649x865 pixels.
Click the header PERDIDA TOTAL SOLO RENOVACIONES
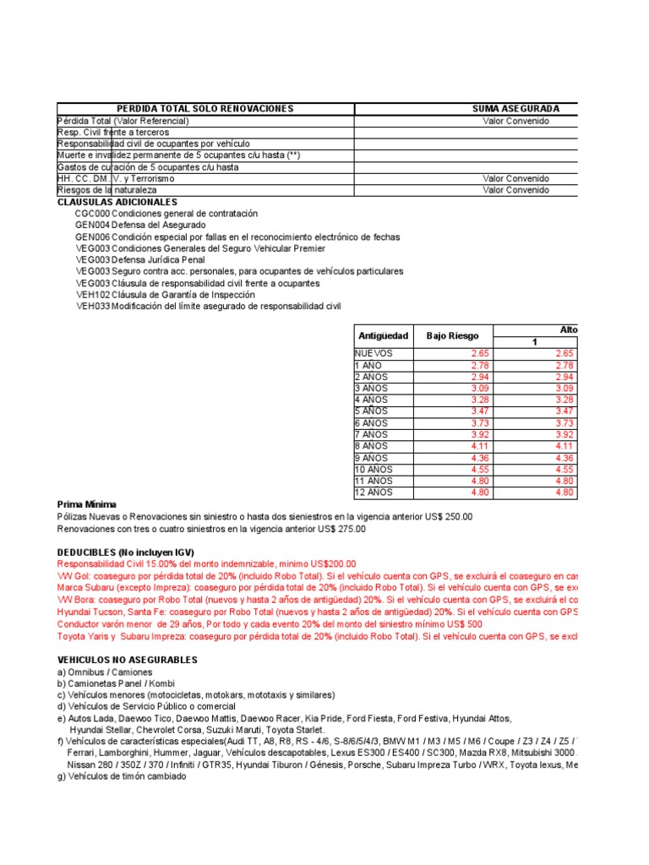[x=205, y=109]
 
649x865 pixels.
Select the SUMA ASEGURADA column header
[x=515, y=109]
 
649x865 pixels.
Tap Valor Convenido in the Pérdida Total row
[x=515, y=121]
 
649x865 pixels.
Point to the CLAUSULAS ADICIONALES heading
[x=117, y=203]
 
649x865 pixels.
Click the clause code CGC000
[x=92, y=214]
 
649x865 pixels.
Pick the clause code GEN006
[x=92, y=237]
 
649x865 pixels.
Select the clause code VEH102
[x=92, y=295]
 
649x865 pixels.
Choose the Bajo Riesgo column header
[x=452, y=335]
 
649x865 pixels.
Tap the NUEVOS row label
[x=374, y=353]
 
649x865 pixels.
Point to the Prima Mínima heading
[x=87, y=504]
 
